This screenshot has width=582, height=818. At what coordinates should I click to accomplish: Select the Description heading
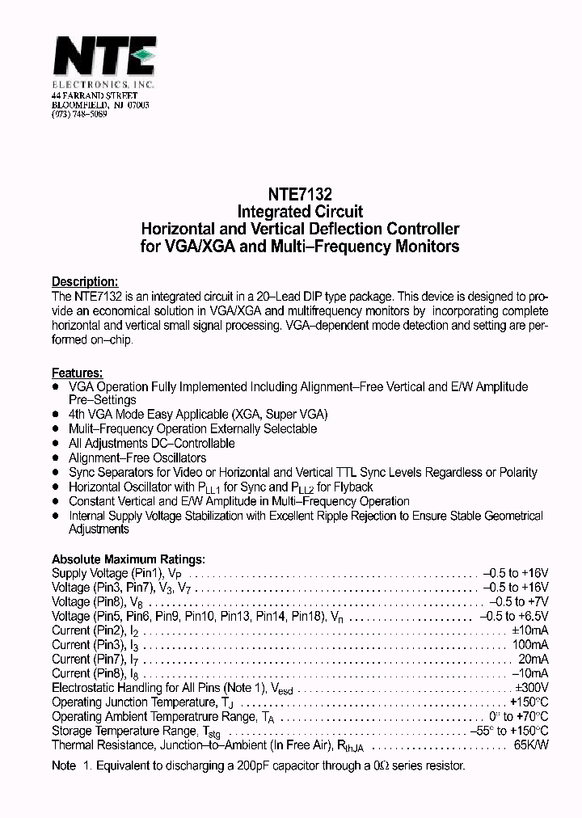click(x=86, y=282)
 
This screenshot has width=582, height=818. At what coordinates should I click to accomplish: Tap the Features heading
click(x=78, y=373)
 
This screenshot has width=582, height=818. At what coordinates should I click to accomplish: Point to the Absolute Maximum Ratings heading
click(x=129, y=559)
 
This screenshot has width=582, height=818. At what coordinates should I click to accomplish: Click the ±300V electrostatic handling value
click(x=531, y=688)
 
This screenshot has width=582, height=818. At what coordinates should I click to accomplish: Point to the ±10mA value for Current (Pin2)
click(x=530, y=630)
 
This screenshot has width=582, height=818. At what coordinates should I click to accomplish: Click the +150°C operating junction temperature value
click(x=529, y=702)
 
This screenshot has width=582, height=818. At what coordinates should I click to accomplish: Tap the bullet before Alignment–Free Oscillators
click(x=56, y=458)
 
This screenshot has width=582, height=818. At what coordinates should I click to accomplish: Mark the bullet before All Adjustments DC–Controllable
click(x=56, y=444)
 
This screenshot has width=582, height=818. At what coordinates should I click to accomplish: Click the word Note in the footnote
click(x=64, y=765)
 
